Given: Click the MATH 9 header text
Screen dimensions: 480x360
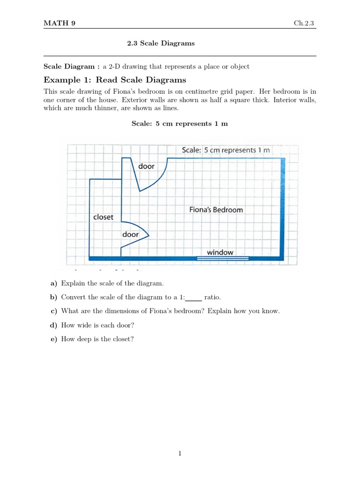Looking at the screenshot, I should (59, 22).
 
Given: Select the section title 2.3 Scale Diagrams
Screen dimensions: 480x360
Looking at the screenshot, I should (161, 43).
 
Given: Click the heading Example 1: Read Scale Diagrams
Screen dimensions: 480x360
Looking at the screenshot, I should (115, 80).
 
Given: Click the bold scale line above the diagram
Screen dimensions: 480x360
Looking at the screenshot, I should (180, 123).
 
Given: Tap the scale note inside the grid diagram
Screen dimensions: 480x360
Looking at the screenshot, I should (225, 150).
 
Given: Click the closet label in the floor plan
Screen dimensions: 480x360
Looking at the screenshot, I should (103, 217).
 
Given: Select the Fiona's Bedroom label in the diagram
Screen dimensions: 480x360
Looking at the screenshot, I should (216, 210).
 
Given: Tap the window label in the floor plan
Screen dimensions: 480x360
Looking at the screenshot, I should (220, 252).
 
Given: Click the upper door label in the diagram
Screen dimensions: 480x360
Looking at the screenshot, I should (146, 166).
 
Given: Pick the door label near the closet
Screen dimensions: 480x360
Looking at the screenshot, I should (130, 234).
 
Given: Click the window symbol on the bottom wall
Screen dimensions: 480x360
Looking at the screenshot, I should (222, 258).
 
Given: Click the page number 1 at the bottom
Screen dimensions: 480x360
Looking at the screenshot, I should (180, 453).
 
